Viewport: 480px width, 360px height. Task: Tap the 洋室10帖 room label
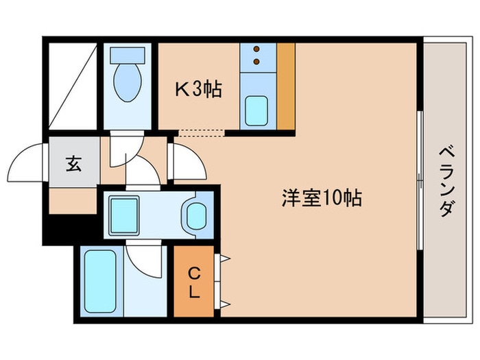click(x=321, y=199)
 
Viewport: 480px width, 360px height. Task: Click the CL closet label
click(x=194, y=282)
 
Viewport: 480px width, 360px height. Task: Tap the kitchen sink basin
click(x=257, y=110)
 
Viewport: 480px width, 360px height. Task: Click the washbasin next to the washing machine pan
click(x=197, y=217)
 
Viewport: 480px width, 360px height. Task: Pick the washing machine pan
click(x=124, y=215)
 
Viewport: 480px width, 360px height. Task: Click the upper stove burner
click(x=257, y=50)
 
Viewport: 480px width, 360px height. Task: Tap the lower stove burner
click(x=257, y=62)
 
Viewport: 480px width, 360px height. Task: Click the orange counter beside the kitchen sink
click(x=285, y=86)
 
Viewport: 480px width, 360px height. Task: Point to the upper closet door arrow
click(x=223, y=259)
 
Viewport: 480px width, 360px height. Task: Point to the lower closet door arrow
click(x=223, y=304)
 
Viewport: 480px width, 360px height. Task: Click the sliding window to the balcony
click(x=419, y=180)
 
